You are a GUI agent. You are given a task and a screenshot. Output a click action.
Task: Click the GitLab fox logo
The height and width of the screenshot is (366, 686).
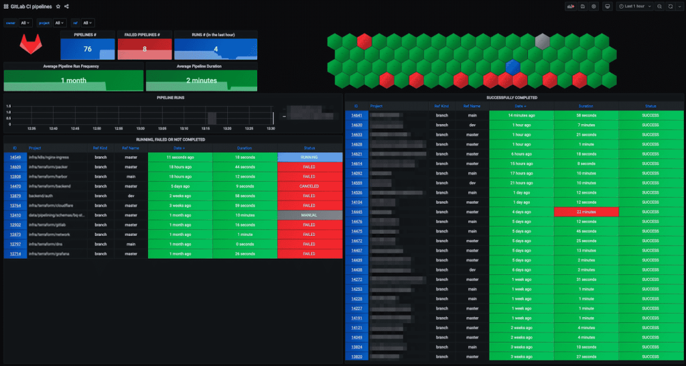28,46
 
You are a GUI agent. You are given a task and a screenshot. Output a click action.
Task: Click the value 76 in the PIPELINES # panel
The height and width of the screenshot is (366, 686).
88,49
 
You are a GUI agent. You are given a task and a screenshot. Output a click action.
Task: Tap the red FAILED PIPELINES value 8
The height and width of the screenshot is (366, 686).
145,49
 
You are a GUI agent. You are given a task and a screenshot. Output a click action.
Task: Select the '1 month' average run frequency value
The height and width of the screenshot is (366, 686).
74,80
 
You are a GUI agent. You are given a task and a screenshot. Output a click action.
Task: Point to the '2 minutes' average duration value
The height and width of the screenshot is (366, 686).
201,80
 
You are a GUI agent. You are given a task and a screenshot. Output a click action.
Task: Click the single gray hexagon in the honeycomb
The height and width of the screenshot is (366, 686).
543,42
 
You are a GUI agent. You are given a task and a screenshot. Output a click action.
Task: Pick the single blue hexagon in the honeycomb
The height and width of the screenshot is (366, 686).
512,67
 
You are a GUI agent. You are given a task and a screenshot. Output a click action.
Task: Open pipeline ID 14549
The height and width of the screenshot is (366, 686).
15,156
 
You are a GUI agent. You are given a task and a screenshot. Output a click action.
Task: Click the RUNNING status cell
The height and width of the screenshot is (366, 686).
309,156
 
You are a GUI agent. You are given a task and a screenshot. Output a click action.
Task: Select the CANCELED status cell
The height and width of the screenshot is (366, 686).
309,186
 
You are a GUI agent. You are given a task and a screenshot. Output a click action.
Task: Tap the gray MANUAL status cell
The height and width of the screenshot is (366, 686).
309,215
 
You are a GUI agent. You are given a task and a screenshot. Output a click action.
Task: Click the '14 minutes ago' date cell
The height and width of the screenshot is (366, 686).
521,115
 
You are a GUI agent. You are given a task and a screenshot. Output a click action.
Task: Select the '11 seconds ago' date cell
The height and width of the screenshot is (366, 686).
180,156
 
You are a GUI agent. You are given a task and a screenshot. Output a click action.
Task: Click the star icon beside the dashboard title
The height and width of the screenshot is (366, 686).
58,6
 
